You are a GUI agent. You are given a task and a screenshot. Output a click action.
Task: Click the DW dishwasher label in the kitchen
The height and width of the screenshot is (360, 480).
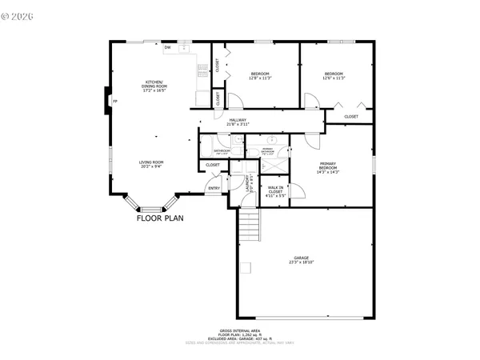(167, 48)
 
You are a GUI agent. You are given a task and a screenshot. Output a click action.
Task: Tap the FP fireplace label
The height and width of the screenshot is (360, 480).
(115, 101)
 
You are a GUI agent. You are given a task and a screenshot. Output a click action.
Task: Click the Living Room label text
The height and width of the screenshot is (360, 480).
(151, 165)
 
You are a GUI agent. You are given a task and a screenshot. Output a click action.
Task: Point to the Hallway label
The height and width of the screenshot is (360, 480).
(238, 122)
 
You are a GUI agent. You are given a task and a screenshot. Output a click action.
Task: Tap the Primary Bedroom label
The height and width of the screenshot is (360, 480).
(328, 167)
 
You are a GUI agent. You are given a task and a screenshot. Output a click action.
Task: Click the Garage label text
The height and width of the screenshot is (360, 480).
(301, 260)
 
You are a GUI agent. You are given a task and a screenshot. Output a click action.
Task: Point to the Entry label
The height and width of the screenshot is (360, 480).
(214, 188)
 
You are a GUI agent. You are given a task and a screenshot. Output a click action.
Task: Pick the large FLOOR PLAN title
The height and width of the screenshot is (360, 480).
(161, 218)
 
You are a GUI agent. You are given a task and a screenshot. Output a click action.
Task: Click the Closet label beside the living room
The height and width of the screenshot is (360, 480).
(213, 165)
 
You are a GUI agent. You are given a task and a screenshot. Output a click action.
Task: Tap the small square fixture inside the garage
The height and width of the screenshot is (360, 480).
(249, 266)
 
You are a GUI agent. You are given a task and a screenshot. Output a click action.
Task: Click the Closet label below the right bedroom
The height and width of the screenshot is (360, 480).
(351, 117)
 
